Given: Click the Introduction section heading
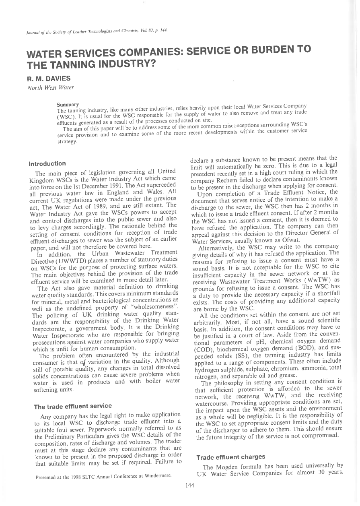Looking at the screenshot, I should click(47, 163).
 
